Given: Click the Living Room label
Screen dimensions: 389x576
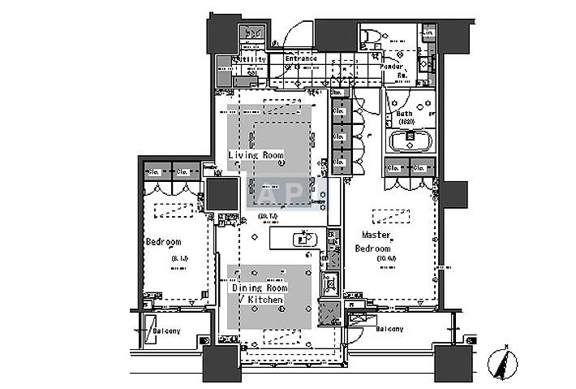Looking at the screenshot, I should point(255,154).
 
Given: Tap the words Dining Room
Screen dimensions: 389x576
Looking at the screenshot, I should point(260,288).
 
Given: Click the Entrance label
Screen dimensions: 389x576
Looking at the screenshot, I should point(301,59).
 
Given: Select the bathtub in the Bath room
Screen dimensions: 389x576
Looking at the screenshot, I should point(414,141).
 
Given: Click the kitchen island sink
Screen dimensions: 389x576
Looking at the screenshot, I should point(304,239).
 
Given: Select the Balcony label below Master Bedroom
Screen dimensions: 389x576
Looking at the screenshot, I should point(389,329).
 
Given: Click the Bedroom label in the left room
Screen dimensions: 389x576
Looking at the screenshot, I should point(163,242).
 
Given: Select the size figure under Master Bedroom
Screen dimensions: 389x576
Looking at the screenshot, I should point(387,259).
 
